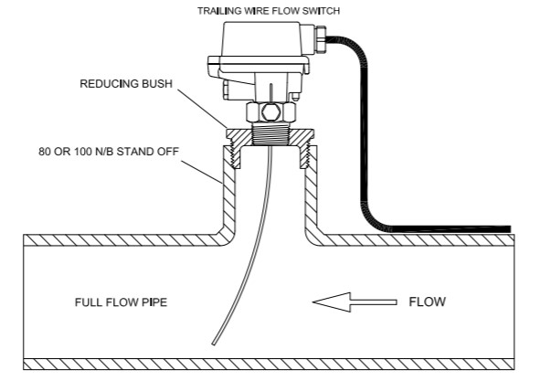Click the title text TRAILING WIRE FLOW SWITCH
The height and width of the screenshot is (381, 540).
pyautogui.click(x=269, y=11)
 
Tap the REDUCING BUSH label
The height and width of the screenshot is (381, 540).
pyautogui.click(x=126, y=84)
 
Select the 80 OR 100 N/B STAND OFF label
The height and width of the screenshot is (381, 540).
pyautogui.click(x=109, y=152)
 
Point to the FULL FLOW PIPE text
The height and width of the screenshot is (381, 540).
pyautogui.click(x=121, y=302)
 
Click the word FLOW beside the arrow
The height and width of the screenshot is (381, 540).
pyautogui.click(x=427, y=302)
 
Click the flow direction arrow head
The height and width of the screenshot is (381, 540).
pyautogui.click(x=332, y=302)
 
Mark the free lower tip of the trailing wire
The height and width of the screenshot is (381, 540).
pyautogui.click(x=214, y=344)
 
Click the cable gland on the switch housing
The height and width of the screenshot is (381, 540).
pyautogui.click(x=320, y=39)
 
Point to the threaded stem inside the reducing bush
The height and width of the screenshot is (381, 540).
pyautogui.click(x=270, y=134)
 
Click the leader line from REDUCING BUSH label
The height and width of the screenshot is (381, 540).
pyautogui.click(x=202, y=109)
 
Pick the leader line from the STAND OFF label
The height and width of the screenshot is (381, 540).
pyautogui.click(x=201, y=172)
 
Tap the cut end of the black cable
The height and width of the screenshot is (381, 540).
pyautogui.click(x=509, y=229)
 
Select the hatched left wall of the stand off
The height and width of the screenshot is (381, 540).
pyautogui.click(x=229, y=193)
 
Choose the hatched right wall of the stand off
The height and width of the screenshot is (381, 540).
pyautogui.click(x=311, y=193)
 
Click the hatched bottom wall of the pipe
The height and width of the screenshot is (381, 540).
pyautogui.click(x=269, y=365)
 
